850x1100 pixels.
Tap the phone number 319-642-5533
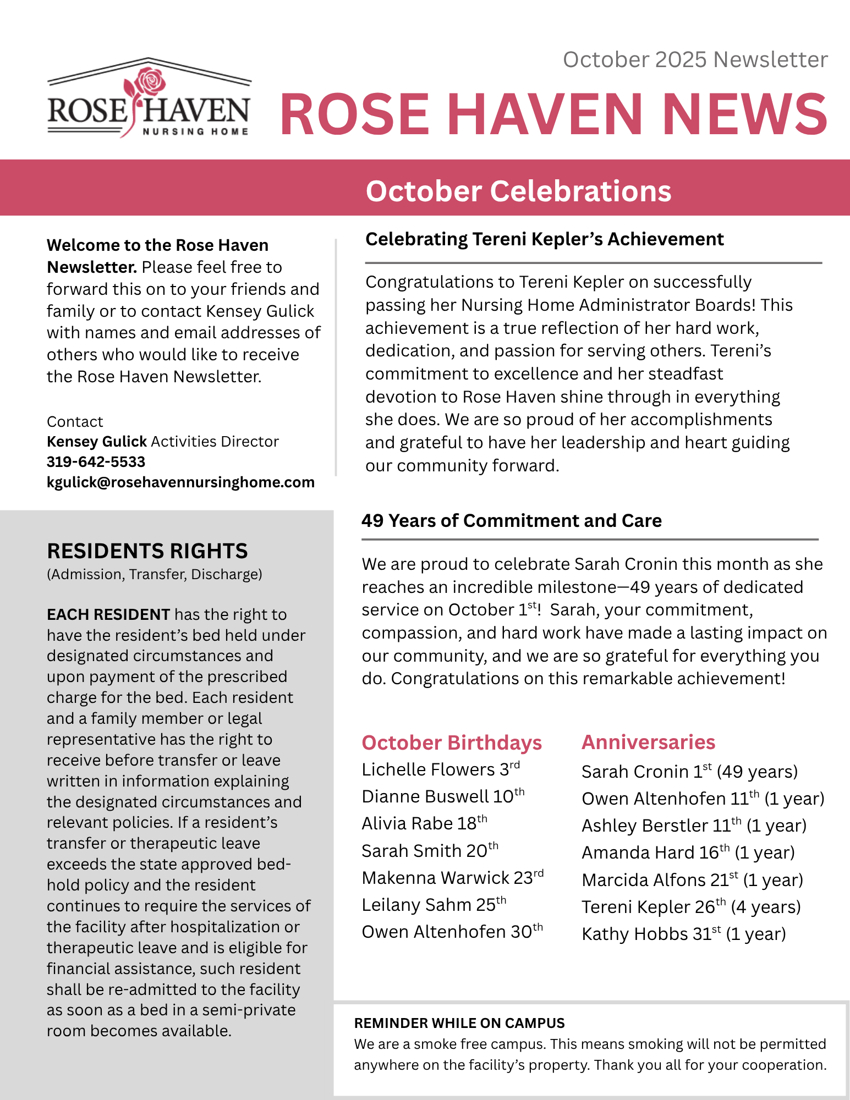click(96, 462)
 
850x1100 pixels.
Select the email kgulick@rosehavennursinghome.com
click(180, 482)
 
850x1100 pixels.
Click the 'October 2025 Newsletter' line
click(695, 59)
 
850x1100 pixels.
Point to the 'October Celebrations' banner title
click(518, 191)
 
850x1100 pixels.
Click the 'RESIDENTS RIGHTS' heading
click(147, 551)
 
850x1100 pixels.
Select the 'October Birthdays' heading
click(452, 743)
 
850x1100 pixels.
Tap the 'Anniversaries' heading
click(648, 742)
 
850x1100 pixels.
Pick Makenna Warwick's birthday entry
click(452, 878)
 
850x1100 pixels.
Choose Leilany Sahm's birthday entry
click(434, 905)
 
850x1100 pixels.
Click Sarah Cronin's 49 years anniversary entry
click(689, 772)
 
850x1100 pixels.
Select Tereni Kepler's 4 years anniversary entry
click(691, 907)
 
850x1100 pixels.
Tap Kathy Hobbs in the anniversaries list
click(683, 934)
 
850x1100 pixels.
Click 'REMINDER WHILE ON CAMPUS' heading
click(459, 1023)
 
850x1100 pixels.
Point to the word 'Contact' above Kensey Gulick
click(75, 422)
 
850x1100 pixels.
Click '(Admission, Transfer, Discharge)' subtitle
click(155, 574)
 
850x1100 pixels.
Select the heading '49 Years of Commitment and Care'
click(512, 521)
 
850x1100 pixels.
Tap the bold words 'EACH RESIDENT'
click(108, 614)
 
